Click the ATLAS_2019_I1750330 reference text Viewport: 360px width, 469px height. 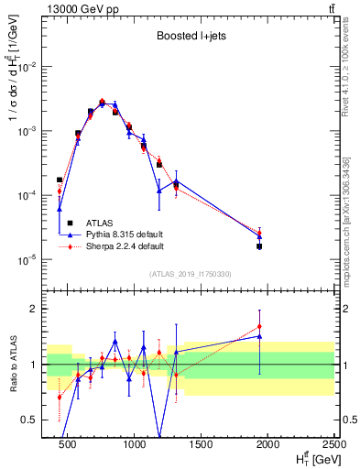point(190,274)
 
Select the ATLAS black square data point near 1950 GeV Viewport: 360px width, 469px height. point(260,246)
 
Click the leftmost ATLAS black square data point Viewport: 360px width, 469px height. point(60,180)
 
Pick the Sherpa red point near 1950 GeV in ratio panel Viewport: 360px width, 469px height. point(260,326)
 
